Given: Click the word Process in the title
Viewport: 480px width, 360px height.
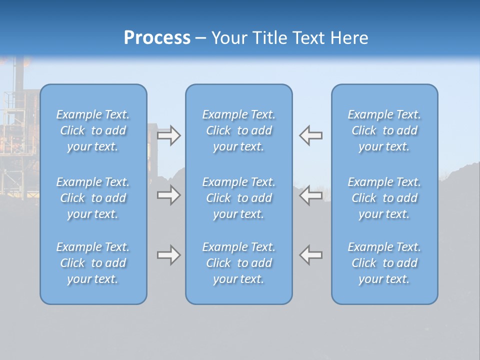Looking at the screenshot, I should [x=157, y=38].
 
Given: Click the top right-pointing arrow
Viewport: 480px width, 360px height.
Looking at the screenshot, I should [x=168, y=135].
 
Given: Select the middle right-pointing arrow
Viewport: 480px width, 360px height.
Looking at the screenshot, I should [x=168, y=195].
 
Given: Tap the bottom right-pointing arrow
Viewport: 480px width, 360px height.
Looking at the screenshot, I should [x=168, y=255].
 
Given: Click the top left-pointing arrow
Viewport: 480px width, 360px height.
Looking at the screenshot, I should [x=311, y=135].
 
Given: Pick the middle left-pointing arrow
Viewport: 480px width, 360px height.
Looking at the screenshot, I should [x=311, y=195].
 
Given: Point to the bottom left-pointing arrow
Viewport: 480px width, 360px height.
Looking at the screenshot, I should [x=311, y=255].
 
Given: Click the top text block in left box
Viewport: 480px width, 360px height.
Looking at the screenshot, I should [x=93, y=130].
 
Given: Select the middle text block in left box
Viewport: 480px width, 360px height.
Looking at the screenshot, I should [x=93, y=198].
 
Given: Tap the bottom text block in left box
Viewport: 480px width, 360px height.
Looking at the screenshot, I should [x=93, y=263].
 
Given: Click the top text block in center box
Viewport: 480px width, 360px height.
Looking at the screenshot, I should [x=238, y=130].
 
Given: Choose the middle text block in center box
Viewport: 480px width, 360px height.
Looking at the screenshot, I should [x=238, y=198].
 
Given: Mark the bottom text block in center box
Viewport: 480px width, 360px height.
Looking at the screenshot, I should [x=238, y=263].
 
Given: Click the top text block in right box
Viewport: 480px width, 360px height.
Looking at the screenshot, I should [x=384, y=130].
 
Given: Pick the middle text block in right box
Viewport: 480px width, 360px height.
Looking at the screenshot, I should [x=384, y=198].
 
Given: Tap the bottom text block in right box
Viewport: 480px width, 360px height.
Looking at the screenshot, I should [x=384, y=263].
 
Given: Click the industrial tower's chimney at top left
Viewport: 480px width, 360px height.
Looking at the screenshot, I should [x=19, y=75].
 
